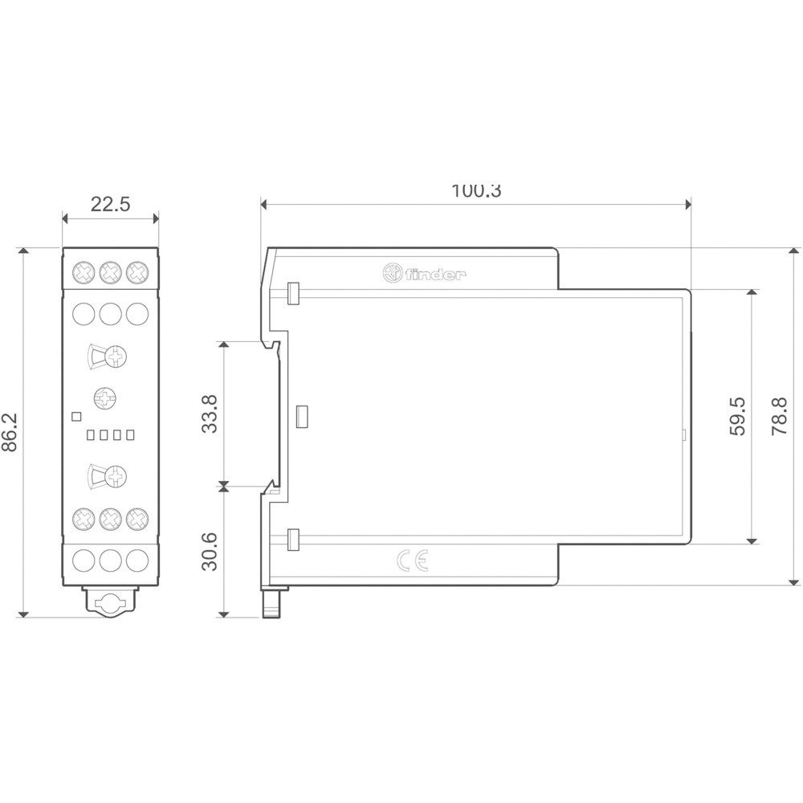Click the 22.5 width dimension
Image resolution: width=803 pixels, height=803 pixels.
coord(110,204)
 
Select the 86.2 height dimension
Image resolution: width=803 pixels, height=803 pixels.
coord(10,432)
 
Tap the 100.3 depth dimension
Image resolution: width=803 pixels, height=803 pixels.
coord(476,191)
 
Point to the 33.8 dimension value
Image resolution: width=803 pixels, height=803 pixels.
coord(209,414)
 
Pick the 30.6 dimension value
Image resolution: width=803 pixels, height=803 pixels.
coord(209,552)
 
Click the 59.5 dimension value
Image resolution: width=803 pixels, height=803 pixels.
coord(737,416)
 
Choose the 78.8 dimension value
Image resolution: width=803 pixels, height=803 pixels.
coord(780,416)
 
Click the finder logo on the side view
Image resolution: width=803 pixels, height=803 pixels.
coord(425,274)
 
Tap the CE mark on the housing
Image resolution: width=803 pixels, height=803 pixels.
coord(412,561)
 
